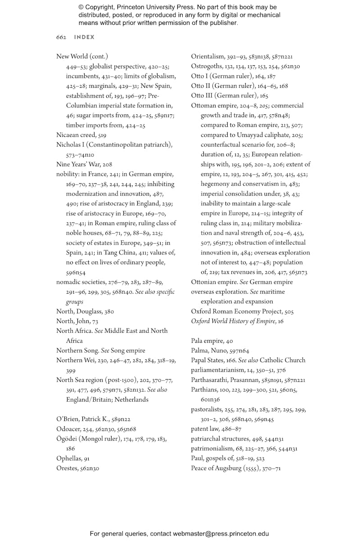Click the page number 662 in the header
pos(61,37)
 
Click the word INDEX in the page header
pos(84,37)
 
